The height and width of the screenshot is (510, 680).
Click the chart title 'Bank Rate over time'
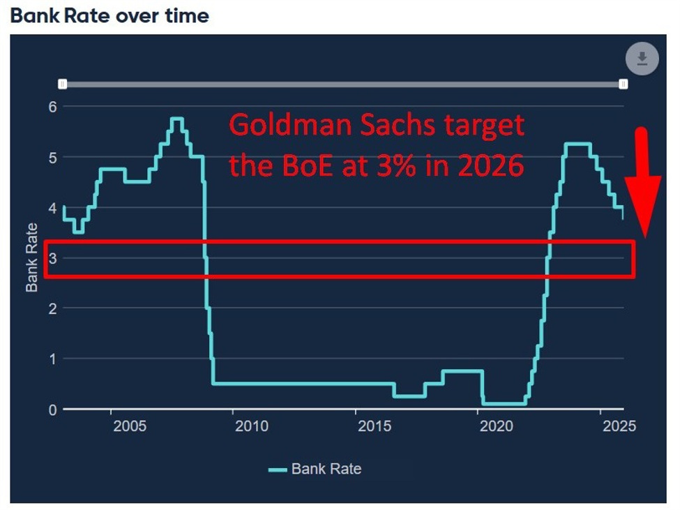click(x=110, y=15)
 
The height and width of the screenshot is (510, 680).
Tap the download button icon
click(x=642, y=59)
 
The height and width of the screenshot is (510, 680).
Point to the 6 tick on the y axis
click(x=51, y=107)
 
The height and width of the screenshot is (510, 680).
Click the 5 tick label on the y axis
click(x=51, y=157)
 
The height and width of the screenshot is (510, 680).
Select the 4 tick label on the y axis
click(x=51, y=208)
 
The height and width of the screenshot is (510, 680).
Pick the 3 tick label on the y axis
click(x=51, y=258)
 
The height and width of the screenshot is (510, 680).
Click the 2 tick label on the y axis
click(x=51, y=308)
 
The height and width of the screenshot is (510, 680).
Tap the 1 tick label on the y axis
click(x=51, y=359)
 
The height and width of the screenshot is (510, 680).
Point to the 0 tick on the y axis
click(x=51, y=410)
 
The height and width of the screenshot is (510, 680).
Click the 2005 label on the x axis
click(x=129, y=426)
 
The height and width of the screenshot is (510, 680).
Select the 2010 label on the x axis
click(x=251, y=426)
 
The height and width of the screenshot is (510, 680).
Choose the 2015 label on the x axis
click(x=375, y=426)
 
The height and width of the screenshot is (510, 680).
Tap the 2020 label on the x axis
click(x=497, y=426)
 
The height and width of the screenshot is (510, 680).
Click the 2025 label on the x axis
click(x=619, y=426)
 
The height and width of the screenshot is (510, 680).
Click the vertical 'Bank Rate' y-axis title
click(x=32, y=258)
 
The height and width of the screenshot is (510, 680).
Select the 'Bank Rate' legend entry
click(x=315, y=469)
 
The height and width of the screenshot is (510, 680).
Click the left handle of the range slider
click(x=63, y=84)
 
